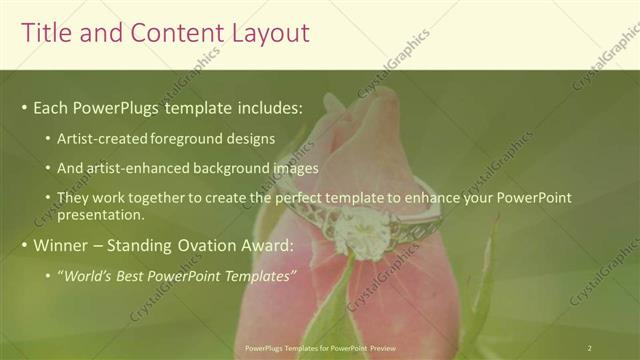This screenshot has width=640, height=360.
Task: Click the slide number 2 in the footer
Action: click(590, 347)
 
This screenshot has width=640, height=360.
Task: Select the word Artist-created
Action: click(103, 139)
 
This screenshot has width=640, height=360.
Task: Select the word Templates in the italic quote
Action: click(259, 276)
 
